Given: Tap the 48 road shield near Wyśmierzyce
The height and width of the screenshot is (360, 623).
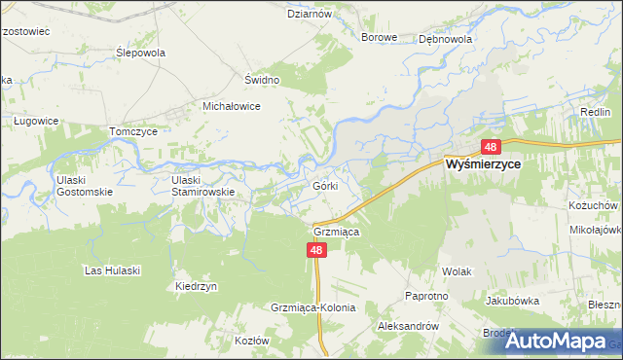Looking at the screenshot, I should pos(490,147).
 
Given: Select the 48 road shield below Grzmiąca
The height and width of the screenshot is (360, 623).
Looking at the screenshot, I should pos(316,250).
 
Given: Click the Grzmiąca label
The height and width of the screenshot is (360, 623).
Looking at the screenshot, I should pos(337,233).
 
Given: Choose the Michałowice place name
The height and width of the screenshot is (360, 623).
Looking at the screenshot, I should pos(231,106).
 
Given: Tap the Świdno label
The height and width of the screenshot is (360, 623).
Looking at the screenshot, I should pos(262,80).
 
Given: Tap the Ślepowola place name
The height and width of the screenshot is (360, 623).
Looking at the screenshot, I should pos(140,53).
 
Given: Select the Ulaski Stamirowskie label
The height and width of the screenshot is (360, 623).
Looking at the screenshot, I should pos(202,185).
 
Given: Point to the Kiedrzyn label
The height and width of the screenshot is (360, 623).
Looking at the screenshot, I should pos(196,286).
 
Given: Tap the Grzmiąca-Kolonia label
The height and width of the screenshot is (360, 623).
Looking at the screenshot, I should pos(313,307).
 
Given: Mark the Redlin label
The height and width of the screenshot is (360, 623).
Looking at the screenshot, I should pos(595,113).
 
